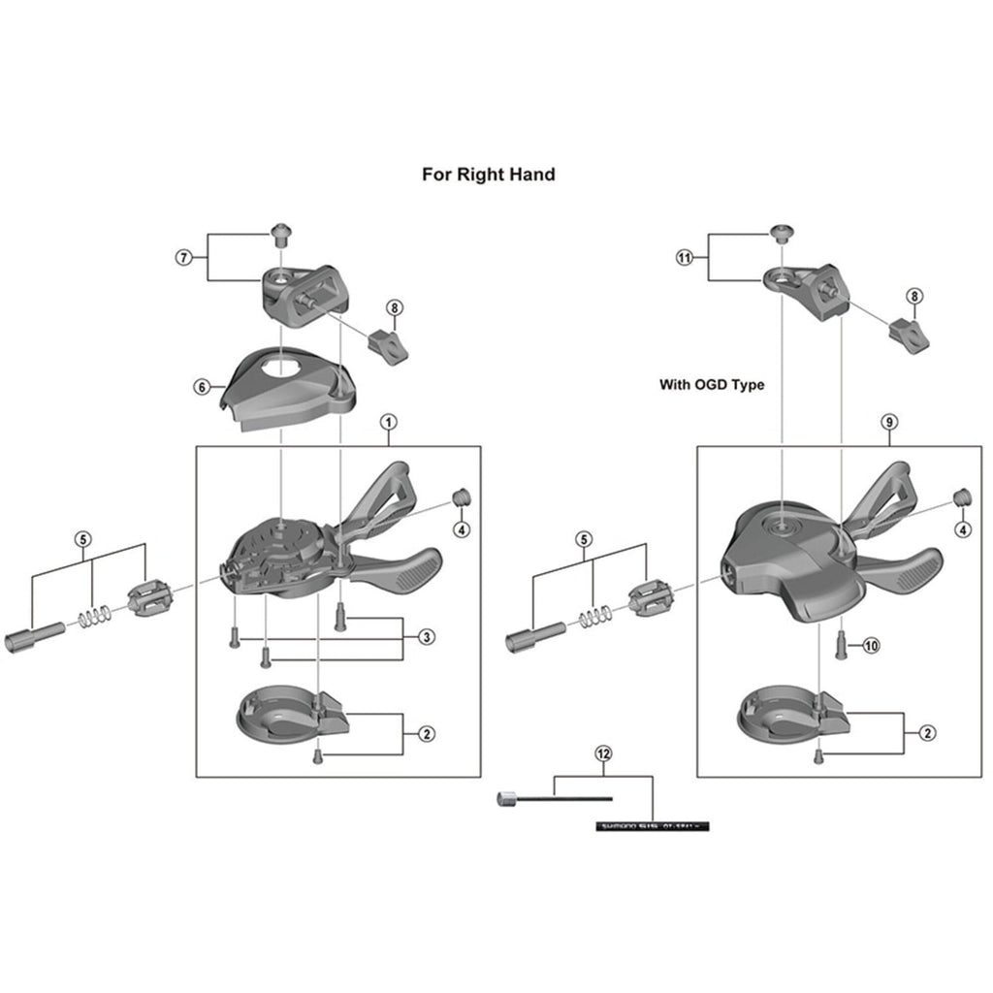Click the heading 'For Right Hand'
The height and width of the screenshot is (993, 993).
coord(488,175)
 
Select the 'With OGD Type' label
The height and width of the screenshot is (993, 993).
coord(712,385)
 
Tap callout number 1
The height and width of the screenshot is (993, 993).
coord(388,422)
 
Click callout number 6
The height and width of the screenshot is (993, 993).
coord(202,387)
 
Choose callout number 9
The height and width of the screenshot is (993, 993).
coord(889,422)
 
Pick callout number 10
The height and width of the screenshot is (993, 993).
coord(870,645)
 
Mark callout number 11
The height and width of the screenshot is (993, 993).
coord(686,257)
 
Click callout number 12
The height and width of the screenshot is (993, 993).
coord(603,753)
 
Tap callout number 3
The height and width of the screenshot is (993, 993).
coord(427,637)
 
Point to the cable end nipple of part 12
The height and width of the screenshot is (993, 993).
coord(505,799)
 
